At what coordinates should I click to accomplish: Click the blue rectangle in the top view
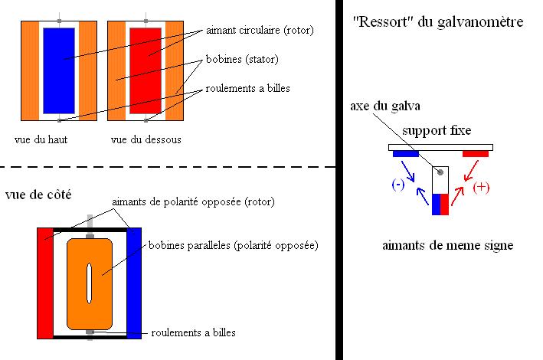pos(58,70)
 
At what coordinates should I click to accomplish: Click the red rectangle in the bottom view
pos(146,70)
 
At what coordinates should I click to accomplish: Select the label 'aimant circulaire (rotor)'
pos(260,31)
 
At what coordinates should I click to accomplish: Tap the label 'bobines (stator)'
pos(241,58)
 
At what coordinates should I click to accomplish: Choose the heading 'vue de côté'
pos(38,195)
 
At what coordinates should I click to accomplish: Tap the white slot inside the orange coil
pos(90,283)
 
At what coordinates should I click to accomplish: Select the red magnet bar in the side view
pos(44,283)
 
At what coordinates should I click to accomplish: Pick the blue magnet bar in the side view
pos(135,283)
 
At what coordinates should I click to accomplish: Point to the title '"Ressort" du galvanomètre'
pos(439,22)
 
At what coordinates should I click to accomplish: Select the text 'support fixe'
pos(437,130)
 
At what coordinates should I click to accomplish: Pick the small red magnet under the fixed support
pos(476,154)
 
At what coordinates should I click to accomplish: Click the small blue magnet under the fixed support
pos(406,154)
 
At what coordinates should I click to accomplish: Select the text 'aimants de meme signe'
pos(447,246)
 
